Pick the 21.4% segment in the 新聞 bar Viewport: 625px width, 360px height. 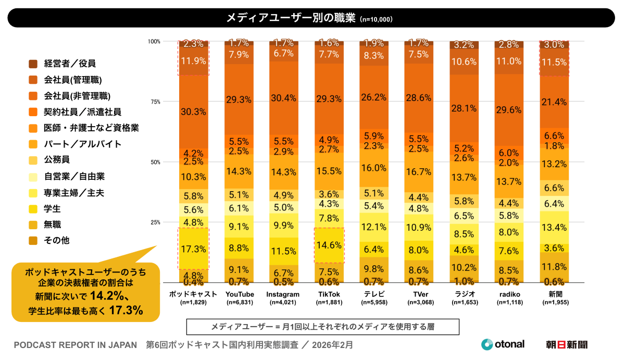click(x=554, y=102)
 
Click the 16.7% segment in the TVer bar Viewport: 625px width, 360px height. click(x=419, y=171)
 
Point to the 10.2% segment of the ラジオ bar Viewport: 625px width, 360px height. click(x=464, y=268)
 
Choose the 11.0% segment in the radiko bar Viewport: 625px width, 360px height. click(x=509, y=61)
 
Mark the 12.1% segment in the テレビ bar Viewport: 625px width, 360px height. click(x=374, y=227)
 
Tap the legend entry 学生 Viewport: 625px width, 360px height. click(x=53, y=209)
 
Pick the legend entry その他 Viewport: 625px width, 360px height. click(x=57, y=241)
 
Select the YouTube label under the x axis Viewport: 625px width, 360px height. click(x=239, y=294)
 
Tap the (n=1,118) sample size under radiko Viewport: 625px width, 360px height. click(x=509, y=302)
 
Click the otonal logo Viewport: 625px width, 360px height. click(x=503, y=344)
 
